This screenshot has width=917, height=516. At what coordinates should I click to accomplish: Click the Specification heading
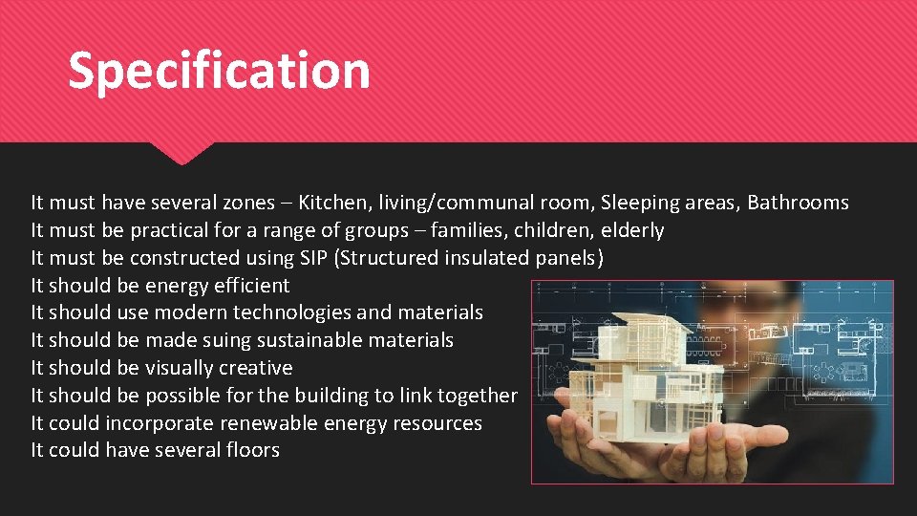pos(219,72)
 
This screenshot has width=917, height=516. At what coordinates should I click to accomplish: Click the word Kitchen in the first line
pos(331,203)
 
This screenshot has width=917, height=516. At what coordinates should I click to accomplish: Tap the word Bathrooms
pos(798,203)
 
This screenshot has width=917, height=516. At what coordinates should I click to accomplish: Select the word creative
pos(255,368)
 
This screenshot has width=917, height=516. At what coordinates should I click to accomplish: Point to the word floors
pos(252,450)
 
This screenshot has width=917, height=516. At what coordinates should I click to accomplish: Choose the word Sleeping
pos(640,203)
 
